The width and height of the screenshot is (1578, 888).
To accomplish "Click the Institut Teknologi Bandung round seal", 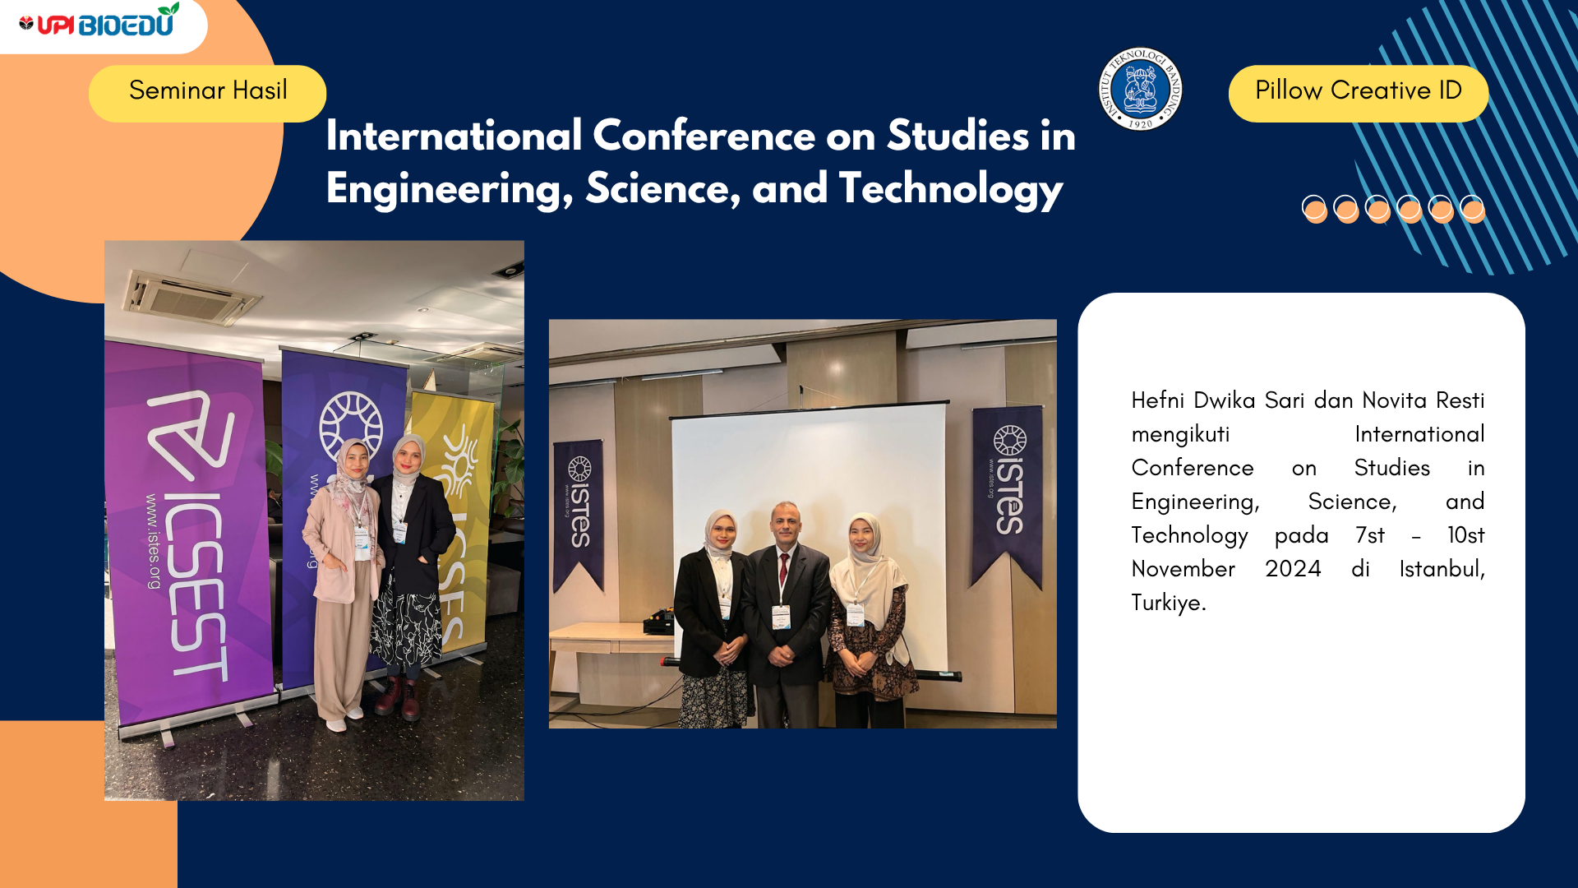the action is coord(1140,89).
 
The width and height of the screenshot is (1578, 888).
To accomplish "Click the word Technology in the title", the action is coord(951,190).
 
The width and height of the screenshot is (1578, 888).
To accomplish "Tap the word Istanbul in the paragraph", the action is coord(1442,569).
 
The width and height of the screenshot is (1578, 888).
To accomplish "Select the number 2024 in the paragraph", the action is coord(1293,569).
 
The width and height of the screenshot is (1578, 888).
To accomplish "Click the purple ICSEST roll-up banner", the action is coord(191,534).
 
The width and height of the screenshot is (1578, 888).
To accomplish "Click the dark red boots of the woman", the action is coord(399,697).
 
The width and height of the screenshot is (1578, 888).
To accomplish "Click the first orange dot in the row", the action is coord(1315,210).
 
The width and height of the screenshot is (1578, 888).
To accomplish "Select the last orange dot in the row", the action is coord(1473,210).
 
